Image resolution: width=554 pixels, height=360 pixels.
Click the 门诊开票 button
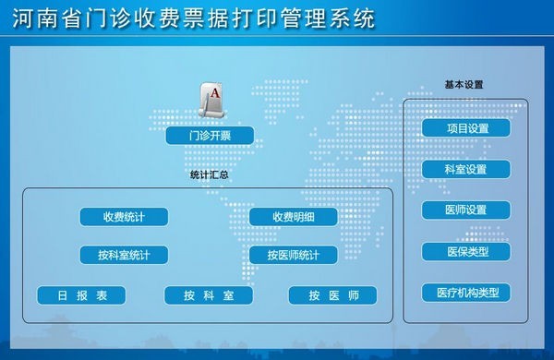[210, 137]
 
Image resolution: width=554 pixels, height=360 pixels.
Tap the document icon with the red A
[212, 99]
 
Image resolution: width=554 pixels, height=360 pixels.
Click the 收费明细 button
[294, 217]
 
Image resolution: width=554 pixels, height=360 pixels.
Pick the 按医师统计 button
[294, 255]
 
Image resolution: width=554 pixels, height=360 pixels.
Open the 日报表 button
[81, 295]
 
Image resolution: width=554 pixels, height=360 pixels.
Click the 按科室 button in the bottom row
[209, 295]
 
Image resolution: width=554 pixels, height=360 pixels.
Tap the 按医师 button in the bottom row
[333, 295]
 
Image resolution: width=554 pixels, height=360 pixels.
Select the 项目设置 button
[466, 128]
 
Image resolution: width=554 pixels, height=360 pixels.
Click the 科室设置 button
[466, 170]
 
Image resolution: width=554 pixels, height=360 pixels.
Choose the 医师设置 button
[466, 210]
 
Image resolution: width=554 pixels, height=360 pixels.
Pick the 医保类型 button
[466, 251]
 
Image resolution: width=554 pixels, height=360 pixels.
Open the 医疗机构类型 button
[466, 293]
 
